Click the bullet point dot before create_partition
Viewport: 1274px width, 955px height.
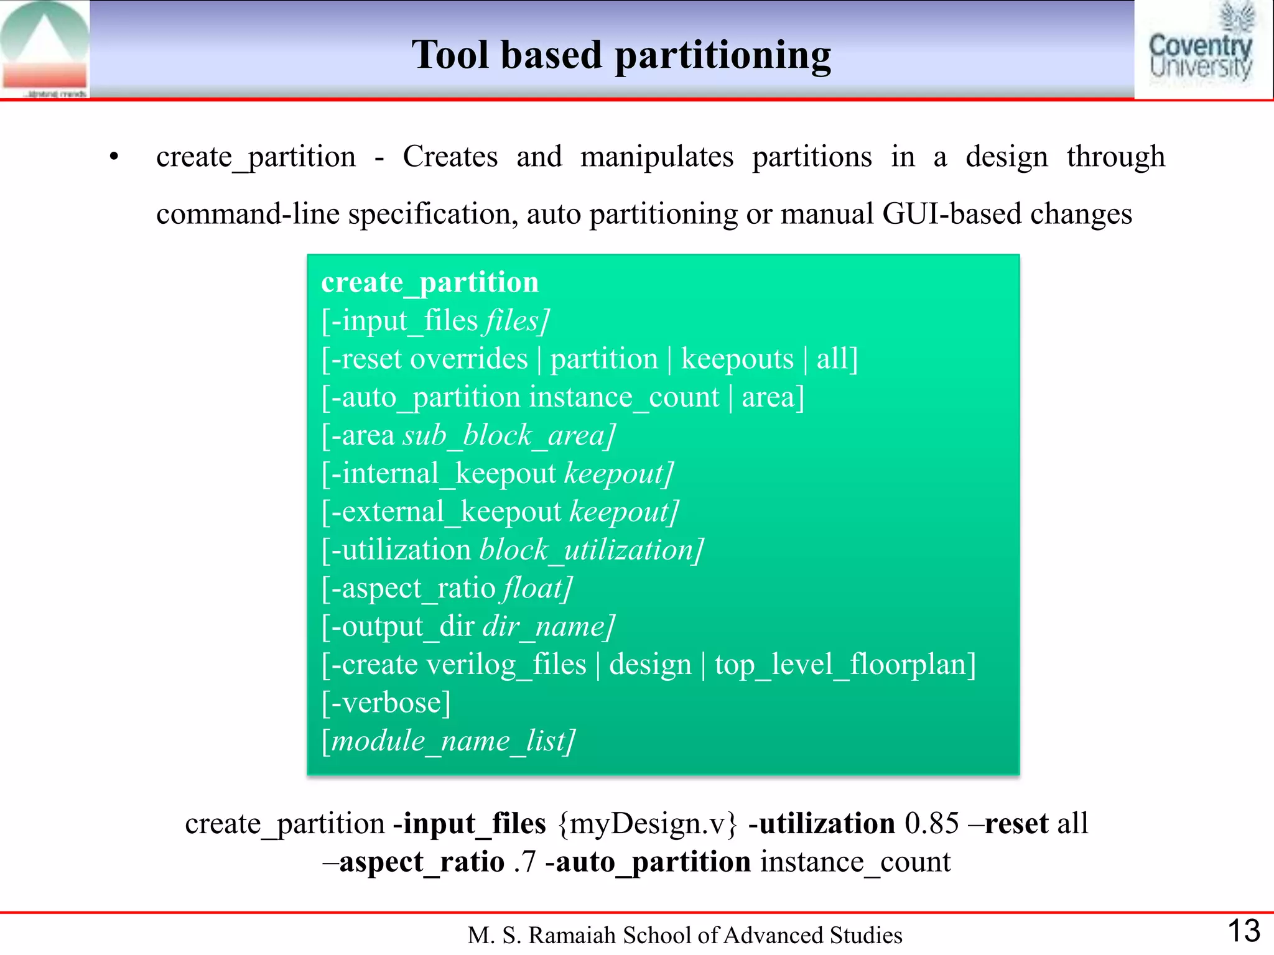pyautogui.click(x=113, y=157)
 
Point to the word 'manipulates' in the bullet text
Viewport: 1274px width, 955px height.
pyautogui.click(x=657, y=157)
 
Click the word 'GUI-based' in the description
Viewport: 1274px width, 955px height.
pyautogui.click(x=951, y=215)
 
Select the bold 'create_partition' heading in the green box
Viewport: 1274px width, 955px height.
pyautogui.click(x=430, y=283)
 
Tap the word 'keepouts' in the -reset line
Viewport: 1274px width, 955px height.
pyautogui.click(x=737, y=359)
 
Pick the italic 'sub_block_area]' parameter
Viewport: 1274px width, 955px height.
pyautogui.click(x=509, y=436)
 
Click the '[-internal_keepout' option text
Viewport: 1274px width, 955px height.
pyautogui.click(x=439, y=474)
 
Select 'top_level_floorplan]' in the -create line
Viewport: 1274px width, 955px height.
pyautogui.click(x=845, y=665)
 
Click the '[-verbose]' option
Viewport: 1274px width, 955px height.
pyautogui.click(x=386, y=703)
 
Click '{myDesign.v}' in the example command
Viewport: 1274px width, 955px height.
pyautogui.click(x=647, y=824)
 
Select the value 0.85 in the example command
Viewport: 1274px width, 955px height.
pyautogui.click(x=931, y=824)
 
